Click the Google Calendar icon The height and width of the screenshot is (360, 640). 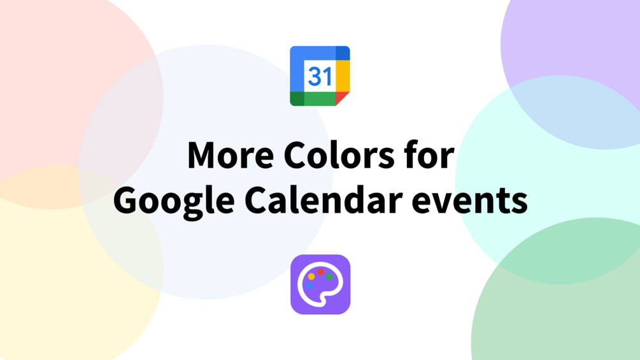coord(320,76)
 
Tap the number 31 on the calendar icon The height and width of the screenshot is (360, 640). coord(320,76)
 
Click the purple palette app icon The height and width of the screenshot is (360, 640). coord(320,284)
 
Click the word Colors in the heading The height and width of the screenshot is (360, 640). coord(339,155)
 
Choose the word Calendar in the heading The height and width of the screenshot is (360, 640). coord(324,200)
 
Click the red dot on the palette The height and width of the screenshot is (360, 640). coord(320,272)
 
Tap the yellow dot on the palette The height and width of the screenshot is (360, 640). coord(311,277)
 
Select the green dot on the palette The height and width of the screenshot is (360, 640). coord(329,277)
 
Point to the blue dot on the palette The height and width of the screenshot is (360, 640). coord(309,285)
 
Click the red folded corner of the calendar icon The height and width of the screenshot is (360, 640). coord(341,97)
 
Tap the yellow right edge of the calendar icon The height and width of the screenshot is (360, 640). coord(343,76)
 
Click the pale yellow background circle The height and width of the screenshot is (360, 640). coord(53,294)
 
